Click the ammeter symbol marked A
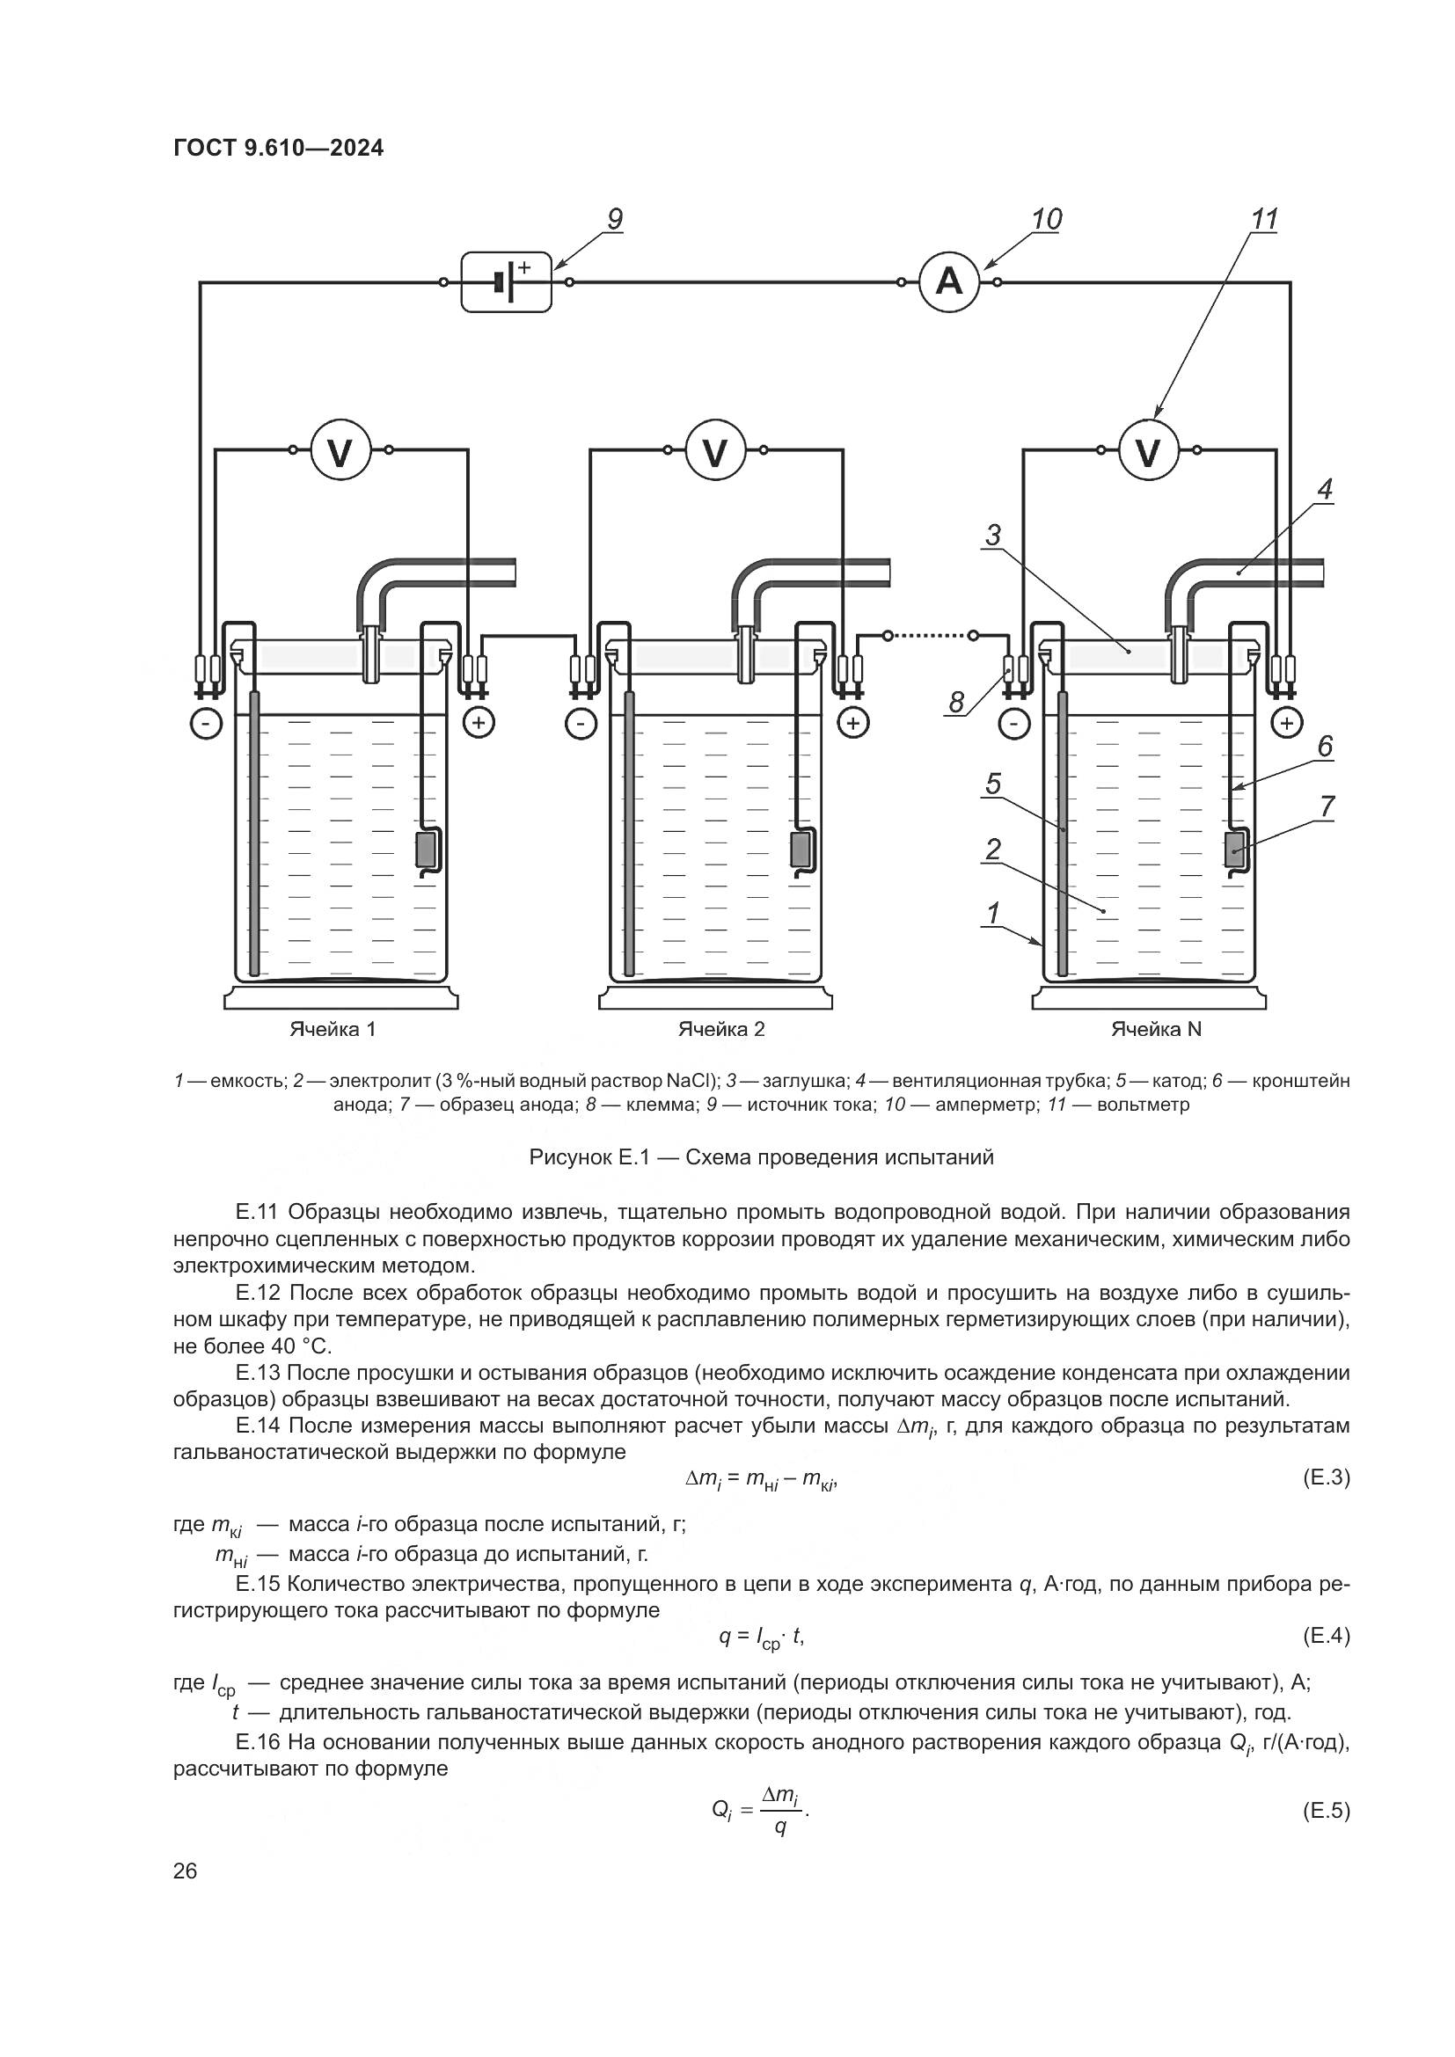(949, 282)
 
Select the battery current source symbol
(506, 282)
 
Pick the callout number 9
(614, 220)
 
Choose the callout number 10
(1046, 220)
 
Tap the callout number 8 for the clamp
(957, 703)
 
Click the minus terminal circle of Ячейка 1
(206, 723)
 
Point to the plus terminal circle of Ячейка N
(1287, 723)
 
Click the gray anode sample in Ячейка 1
(425, 849)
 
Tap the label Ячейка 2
(721, 1029)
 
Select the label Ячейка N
(1156, 1029)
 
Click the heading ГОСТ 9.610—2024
(278, 148)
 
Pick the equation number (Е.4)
(1325, 1637)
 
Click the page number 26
(185, 1871)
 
